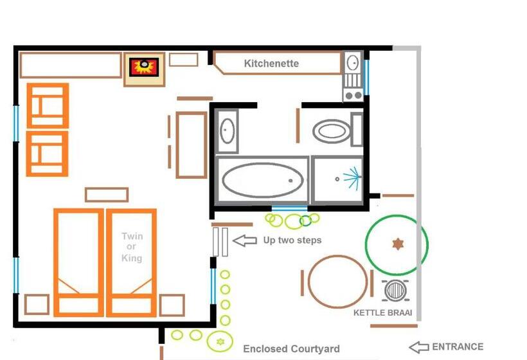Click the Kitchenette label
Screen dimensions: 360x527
tap(271, 64)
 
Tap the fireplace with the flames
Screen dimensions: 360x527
tap(144, 66)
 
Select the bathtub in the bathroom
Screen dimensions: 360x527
tap(262, 180)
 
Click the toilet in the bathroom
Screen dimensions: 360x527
tap(332, 132)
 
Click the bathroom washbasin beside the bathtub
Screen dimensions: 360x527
tap(226, 131)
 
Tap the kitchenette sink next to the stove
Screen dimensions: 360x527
tap(353, 63)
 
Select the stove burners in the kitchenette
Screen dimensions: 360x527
tap(353, 89)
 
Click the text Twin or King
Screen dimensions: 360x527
tap(132, 247)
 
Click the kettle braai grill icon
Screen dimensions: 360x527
tap(394, 291)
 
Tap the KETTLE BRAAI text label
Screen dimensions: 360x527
tap(382, 314)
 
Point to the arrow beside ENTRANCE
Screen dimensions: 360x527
tap(418, 347)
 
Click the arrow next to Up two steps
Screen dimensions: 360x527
tap(244, 240)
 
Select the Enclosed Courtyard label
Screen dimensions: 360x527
tap(291, 349)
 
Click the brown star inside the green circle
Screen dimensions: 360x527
tap(397, 244)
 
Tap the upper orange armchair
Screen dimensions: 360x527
tap(48, 105)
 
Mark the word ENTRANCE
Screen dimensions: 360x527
tap(458, 347)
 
